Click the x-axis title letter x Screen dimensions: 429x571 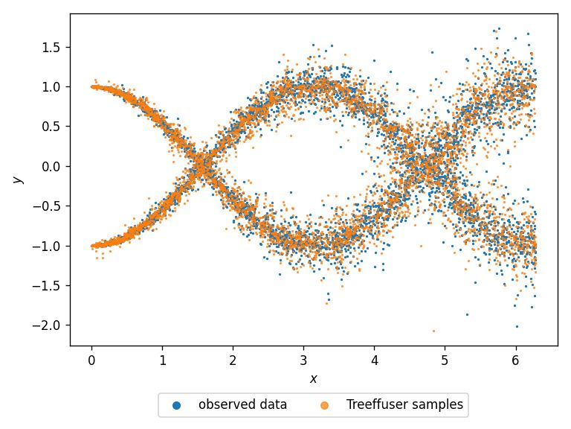pos(314,378)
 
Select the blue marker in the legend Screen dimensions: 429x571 pos(176,405)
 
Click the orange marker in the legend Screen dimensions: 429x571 pos(325,405)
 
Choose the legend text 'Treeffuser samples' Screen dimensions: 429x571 pos(405,405)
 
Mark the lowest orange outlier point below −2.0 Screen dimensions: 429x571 pos(433,331)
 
